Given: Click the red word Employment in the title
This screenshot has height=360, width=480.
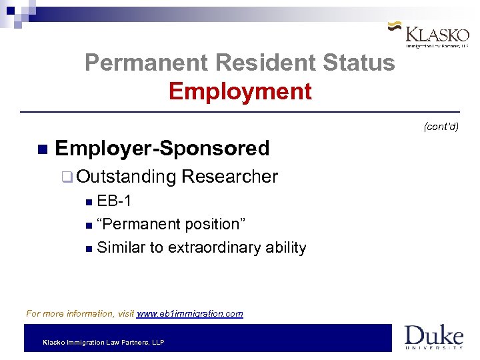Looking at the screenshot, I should pos(240,91).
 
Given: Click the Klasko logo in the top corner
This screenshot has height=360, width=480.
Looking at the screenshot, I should pos(429,35).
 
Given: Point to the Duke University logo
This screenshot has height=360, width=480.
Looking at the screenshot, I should pos(433,337).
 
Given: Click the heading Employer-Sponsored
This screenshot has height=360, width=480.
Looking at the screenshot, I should pos(162,148).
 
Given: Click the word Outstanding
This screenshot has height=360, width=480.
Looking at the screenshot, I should pos(126,177).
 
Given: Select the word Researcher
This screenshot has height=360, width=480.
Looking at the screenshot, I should pos(229,177).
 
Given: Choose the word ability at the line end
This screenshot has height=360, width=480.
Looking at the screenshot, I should pos(286,247).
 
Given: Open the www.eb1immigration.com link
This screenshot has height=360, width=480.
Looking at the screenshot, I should pos(189,313).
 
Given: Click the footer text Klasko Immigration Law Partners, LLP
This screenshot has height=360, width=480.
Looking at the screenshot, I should pos(103,343).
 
